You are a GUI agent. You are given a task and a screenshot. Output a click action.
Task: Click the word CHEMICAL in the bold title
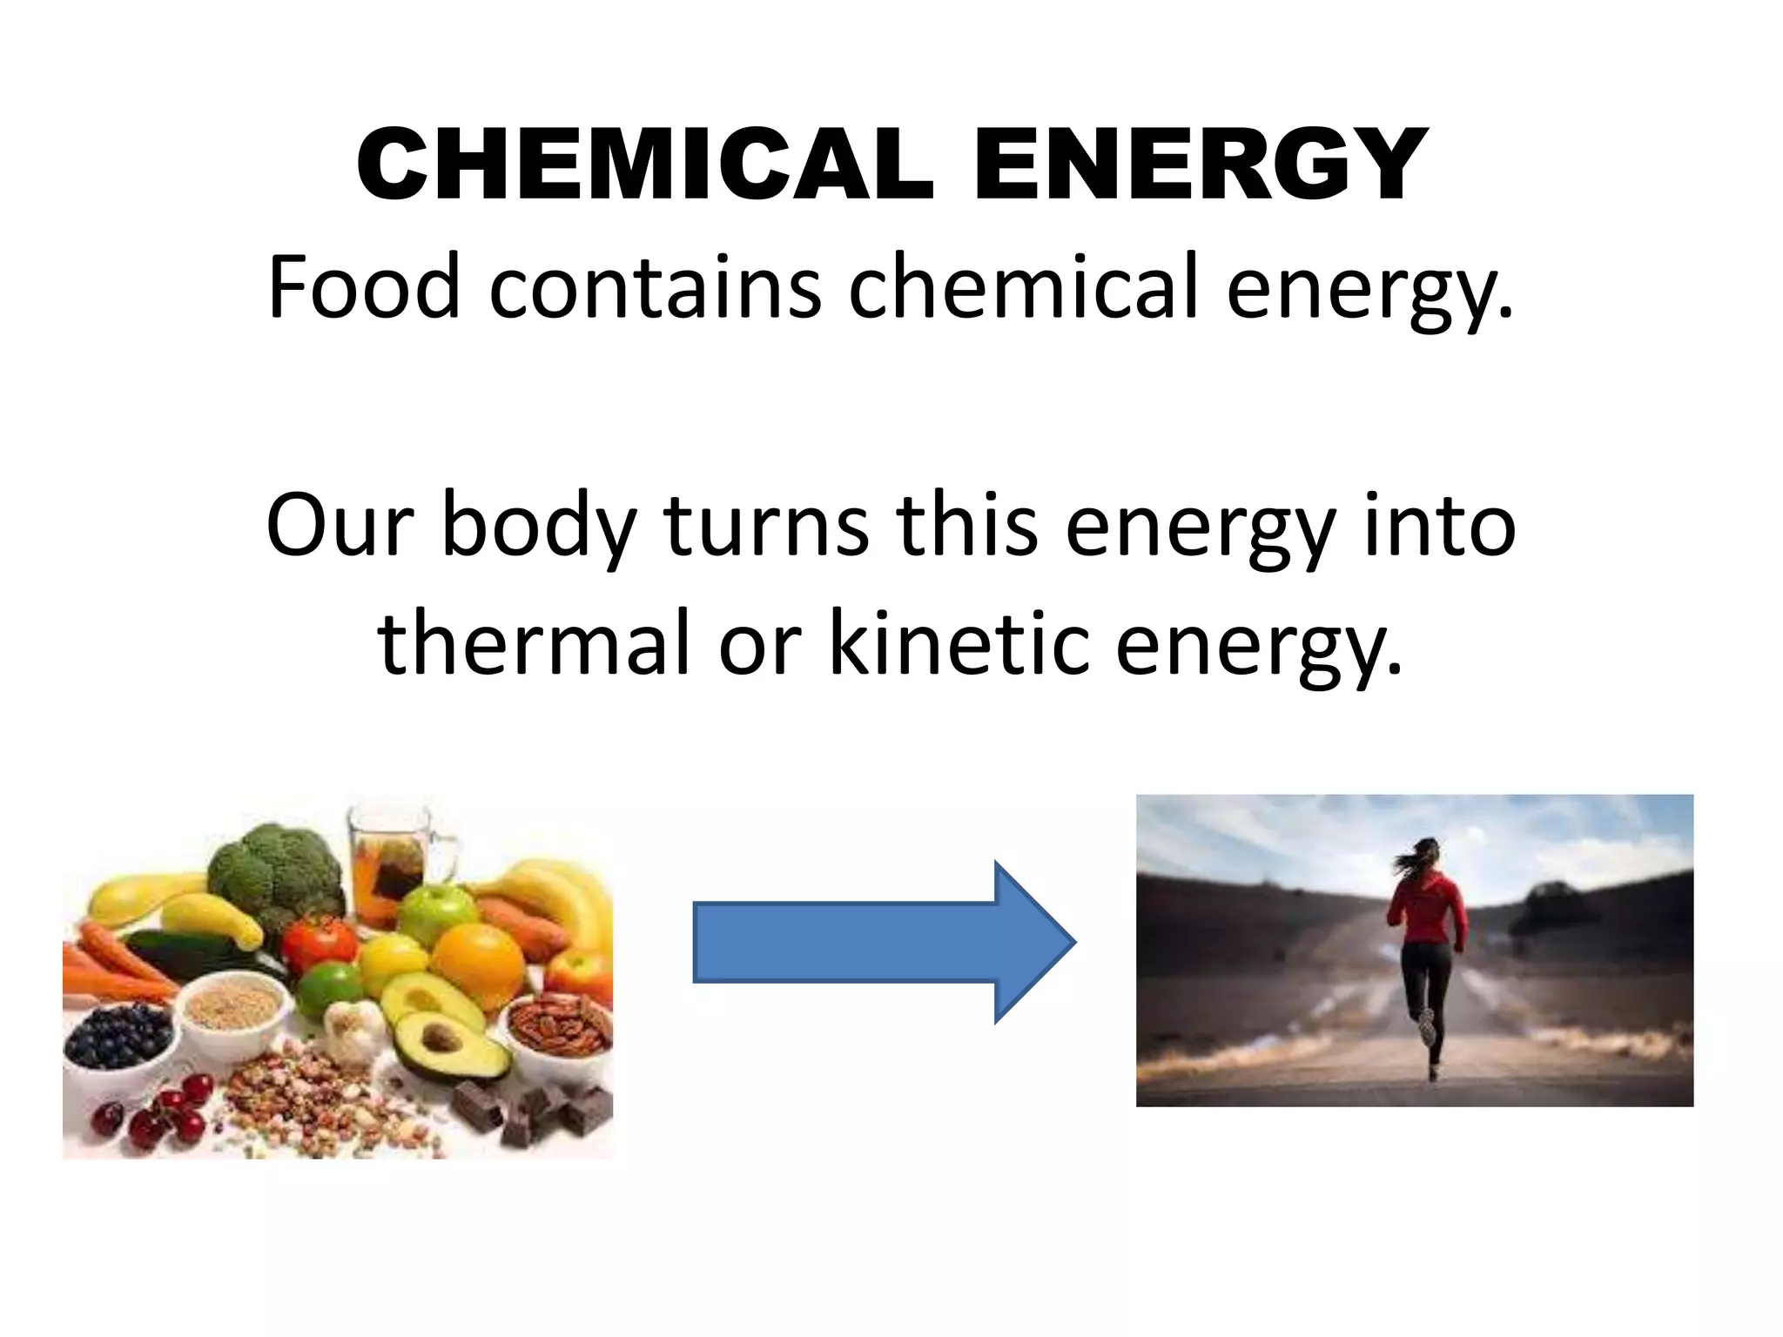[x=645, y=165]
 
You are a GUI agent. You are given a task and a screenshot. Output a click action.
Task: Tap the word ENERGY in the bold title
[x=1201, y=165]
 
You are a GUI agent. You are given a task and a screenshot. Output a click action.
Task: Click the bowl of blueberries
[x=119, y=1041]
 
